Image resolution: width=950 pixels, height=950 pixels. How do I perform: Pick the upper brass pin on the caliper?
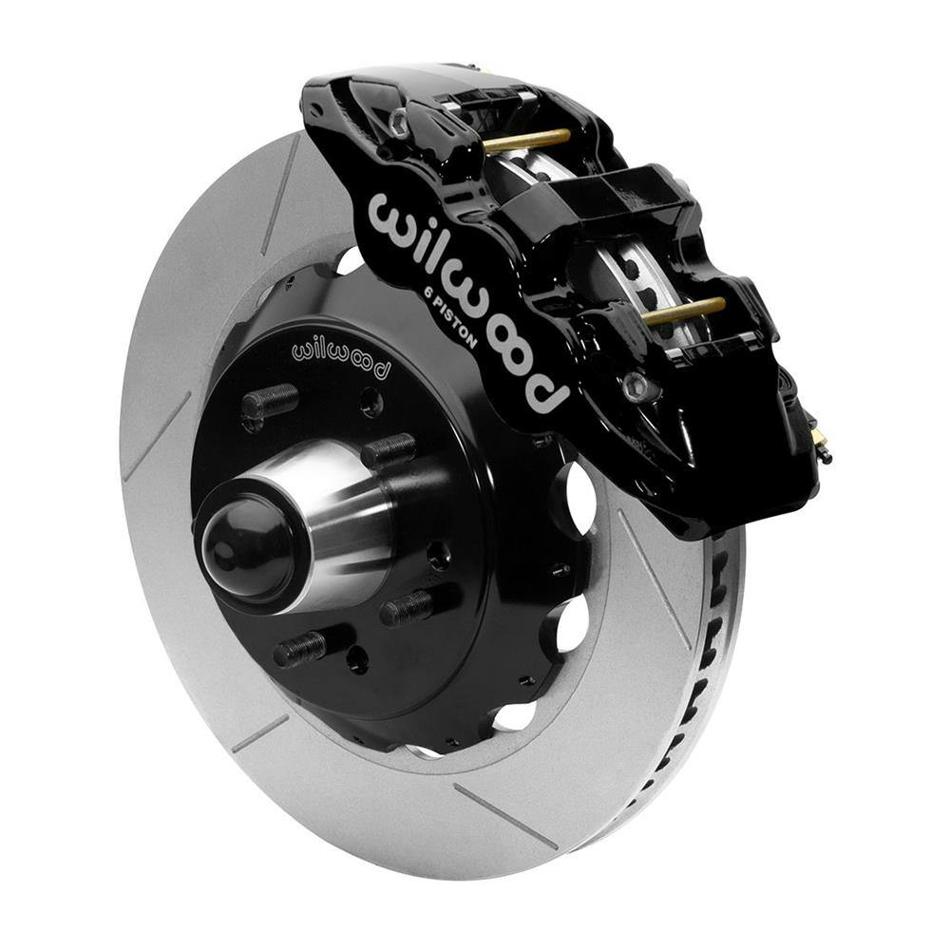pos(527,140)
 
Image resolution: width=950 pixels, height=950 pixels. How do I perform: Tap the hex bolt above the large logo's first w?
pos(400,121)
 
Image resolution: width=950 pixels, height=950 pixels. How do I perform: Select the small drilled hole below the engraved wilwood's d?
pos(371,403)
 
